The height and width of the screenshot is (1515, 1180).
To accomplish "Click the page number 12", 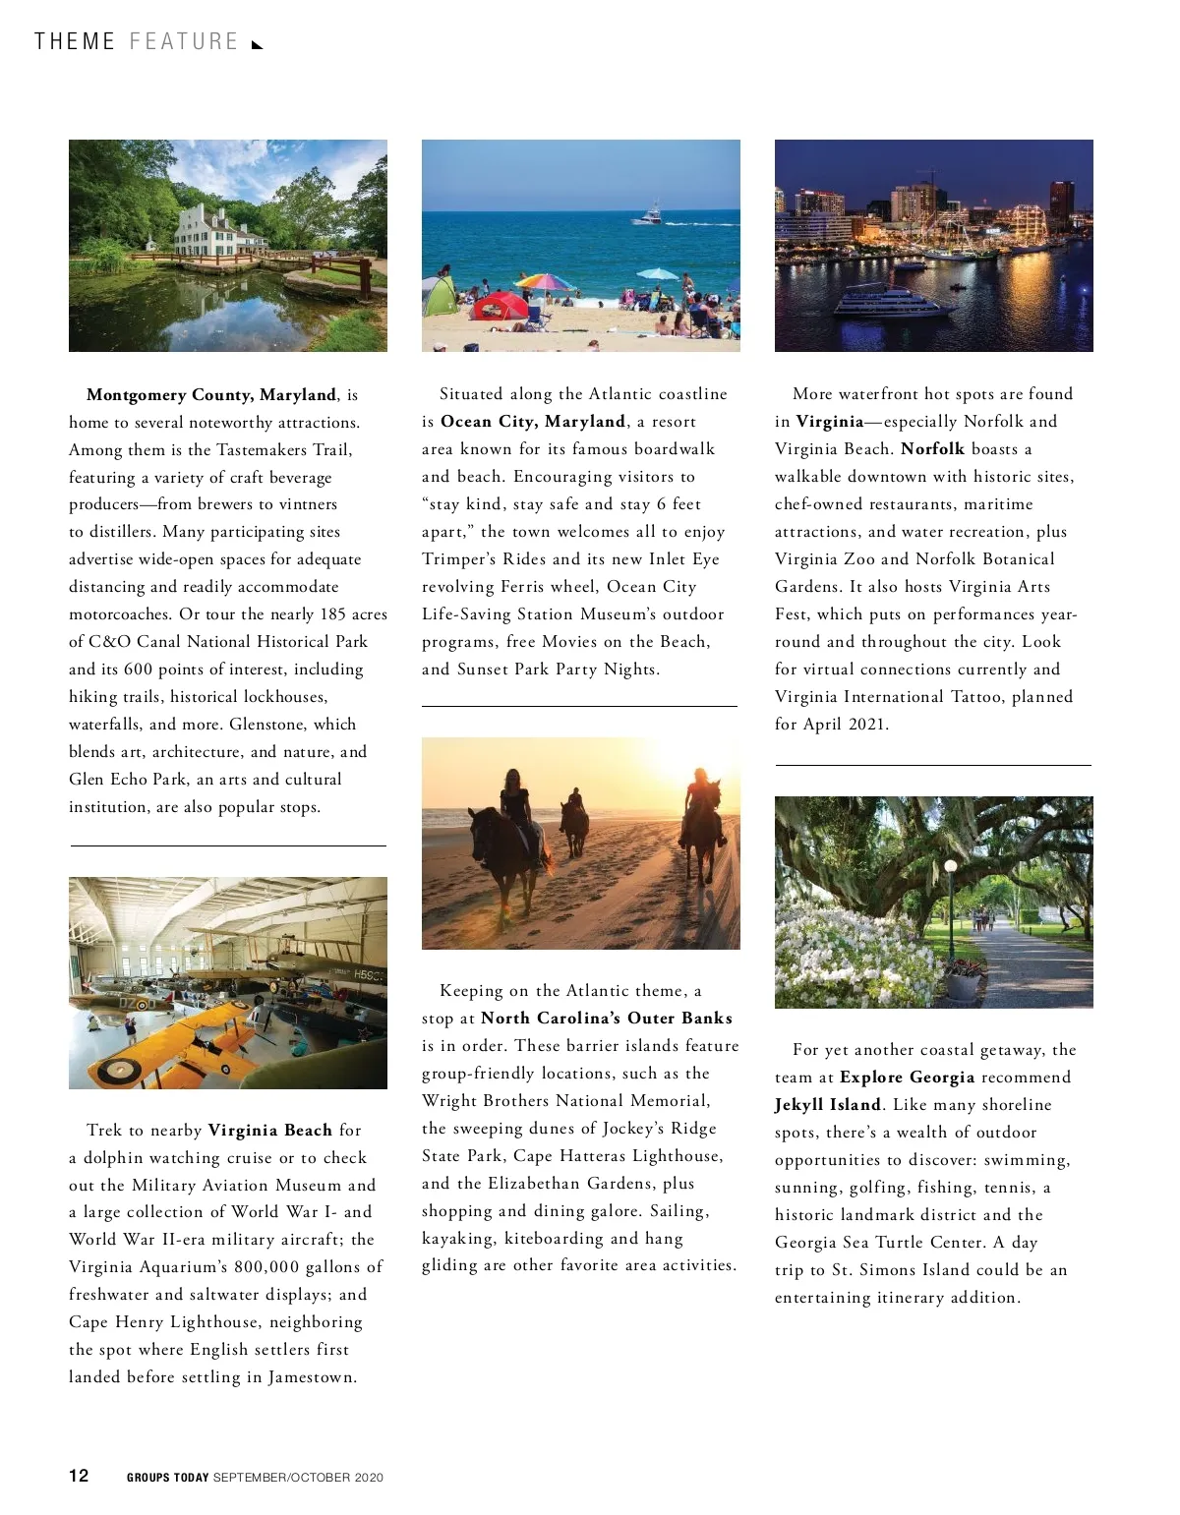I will tap(79, 1476).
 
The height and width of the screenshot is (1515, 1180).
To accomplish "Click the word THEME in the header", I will tap(75, 42).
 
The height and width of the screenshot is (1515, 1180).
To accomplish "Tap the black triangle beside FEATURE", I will tap(258, 44).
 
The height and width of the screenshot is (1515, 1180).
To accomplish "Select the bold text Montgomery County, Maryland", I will tap(211, 395).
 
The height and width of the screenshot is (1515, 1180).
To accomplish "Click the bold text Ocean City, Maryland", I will tap(533, 422).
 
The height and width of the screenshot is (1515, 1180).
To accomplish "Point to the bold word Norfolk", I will tap(932, 449).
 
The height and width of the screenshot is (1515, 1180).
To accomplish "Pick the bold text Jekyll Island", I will tap(827, 1105).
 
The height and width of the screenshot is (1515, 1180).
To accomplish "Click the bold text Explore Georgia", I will tap(907, 1078).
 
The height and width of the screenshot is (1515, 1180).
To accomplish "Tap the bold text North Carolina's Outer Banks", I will tap(607, 1019).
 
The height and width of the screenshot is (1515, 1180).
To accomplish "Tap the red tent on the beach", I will tap(500, 306).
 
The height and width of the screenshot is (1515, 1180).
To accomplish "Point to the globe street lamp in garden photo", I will tap(951, 867).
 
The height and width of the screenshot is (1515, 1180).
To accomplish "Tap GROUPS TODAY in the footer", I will tap(167, 1478).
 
